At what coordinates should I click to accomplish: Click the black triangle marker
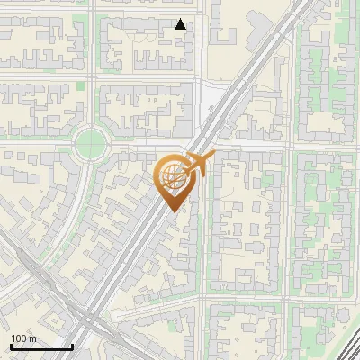point(181,24)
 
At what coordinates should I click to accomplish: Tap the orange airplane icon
point(199,163)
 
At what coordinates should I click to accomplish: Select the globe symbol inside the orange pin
point(171,177)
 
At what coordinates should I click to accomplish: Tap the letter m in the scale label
point(32,338)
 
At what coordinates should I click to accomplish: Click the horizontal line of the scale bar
point(40,346)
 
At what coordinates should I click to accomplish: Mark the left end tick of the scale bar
point(10,345)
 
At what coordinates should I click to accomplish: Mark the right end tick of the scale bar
point(72,345)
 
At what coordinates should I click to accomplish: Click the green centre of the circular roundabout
point(91,142)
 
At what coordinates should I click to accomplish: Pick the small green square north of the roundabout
point(80,85)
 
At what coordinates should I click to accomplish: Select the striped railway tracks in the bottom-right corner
point(346,346)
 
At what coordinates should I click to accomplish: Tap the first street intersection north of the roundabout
point(91,78)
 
